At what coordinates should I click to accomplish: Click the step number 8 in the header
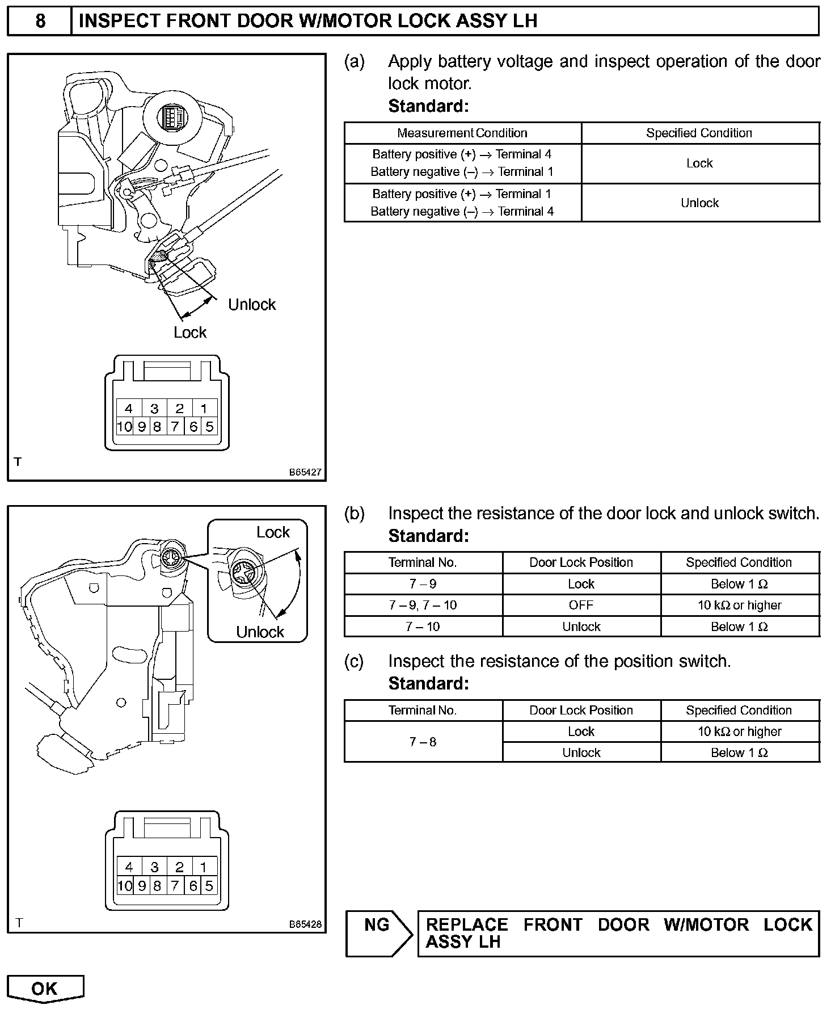40,21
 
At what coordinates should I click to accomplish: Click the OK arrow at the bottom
45,989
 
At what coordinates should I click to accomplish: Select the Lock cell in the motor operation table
700,163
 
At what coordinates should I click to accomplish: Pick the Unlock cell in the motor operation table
700,203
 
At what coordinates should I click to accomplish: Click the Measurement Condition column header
462,133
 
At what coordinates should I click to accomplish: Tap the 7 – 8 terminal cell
423,742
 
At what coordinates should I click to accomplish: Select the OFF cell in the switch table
581,605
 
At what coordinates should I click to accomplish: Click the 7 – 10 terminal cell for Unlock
423,627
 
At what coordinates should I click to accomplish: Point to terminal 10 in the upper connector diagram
124,427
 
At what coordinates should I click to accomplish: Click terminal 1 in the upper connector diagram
204,409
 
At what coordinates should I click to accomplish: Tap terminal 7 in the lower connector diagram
175,885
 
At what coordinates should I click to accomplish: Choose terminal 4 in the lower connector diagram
129,867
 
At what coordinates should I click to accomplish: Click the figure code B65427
305,472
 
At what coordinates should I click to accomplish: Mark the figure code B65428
305,924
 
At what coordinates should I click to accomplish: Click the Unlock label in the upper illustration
252,305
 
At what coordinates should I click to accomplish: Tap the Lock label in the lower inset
273,532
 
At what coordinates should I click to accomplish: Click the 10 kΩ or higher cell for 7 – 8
739,731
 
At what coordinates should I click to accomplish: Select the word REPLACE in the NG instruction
466,924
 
